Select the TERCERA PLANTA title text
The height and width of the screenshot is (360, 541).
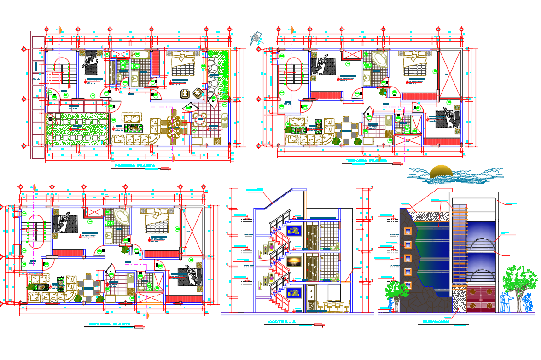(x=367, y=161)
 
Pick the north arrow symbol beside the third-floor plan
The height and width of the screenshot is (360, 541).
(x=256, y=38)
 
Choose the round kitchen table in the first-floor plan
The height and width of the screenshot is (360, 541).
(x=201, y=120)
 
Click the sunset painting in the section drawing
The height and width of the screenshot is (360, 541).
(x=293, y=261)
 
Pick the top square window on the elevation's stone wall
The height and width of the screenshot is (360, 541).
(x=408, y=230)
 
